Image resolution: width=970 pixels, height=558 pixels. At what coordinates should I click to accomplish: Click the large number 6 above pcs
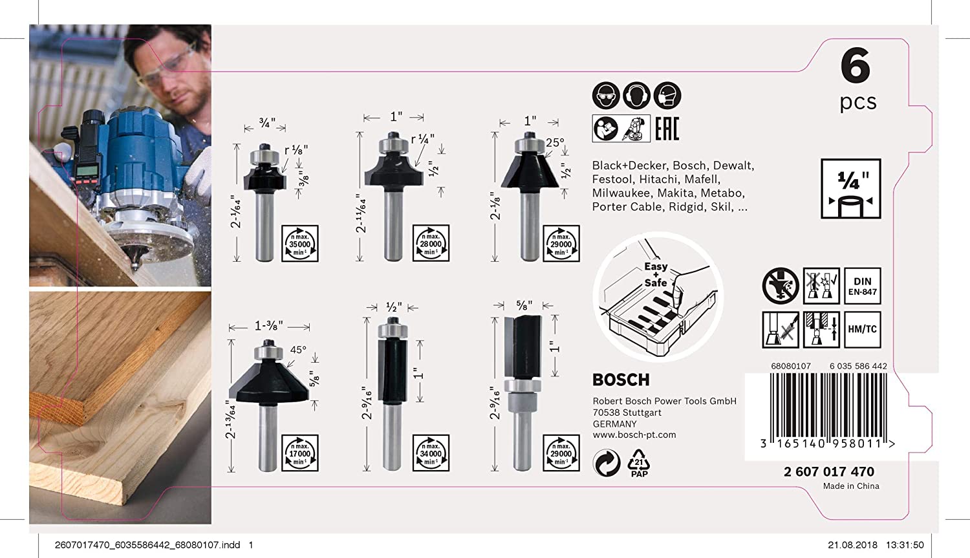856,67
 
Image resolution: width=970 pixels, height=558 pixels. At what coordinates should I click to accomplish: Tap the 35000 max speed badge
300,244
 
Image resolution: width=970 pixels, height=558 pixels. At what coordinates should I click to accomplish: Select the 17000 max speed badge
300,453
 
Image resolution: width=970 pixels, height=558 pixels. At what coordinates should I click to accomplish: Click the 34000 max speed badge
431,453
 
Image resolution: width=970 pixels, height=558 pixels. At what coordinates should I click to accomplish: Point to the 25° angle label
555,143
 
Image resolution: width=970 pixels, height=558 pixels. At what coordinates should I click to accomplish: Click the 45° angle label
298,350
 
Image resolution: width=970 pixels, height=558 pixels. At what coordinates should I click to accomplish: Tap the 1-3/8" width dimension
268,326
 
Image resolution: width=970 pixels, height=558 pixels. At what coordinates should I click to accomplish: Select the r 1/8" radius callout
296,150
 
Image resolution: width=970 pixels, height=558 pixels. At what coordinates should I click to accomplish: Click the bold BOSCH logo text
621,380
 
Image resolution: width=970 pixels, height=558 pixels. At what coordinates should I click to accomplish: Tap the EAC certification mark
667,129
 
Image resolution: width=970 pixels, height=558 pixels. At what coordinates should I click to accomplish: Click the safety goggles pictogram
606,96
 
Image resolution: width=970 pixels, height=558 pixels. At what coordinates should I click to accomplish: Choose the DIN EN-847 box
862,286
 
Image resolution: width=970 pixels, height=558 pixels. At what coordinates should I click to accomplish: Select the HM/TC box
862,329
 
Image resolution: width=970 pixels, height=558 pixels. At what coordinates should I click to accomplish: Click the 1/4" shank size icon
851,189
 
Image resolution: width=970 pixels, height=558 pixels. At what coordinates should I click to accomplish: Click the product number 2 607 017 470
828,472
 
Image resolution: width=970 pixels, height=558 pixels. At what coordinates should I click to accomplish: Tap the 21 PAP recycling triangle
639,463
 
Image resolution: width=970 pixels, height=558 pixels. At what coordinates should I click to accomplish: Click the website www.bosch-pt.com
634,435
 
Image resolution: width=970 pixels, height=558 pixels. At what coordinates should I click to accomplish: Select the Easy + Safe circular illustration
658,297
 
